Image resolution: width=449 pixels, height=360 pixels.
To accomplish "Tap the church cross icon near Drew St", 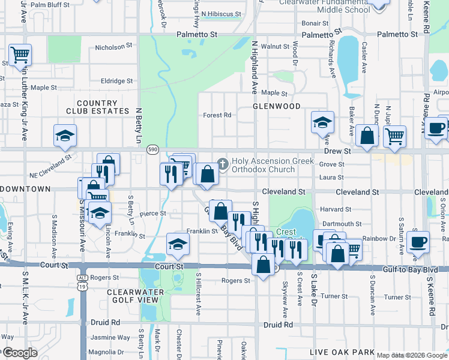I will (x=223, y=163).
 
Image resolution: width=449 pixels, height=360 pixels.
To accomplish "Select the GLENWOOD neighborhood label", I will (x=276, y=106).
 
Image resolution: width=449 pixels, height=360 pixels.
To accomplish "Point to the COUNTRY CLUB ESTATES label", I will (x=103, y=107).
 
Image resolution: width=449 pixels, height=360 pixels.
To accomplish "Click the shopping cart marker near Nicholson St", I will (x=20, y=55).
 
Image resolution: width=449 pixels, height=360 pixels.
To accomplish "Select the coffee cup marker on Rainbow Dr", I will (x=418, y=242).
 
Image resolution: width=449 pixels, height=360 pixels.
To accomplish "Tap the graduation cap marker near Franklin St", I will (x=178, y=244).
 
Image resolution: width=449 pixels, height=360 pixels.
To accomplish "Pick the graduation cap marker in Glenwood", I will (x=322, y=122).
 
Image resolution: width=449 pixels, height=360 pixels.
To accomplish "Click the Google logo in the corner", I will (x=19, y=353).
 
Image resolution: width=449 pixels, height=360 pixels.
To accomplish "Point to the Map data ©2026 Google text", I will (x=412, y=355).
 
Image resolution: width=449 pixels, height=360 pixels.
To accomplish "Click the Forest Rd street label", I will (x=217, y=115).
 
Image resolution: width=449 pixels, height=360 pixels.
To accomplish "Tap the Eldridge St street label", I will (x=117, y=81).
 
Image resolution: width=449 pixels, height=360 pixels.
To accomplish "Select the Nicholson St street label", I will (x=113, y=46).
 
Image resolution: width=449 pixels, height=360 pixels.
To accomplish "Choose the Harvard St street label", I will (x=331, y=209).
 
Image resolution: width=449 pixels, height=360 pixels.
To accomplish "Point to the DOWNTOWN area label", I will (x=25, y=189).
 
